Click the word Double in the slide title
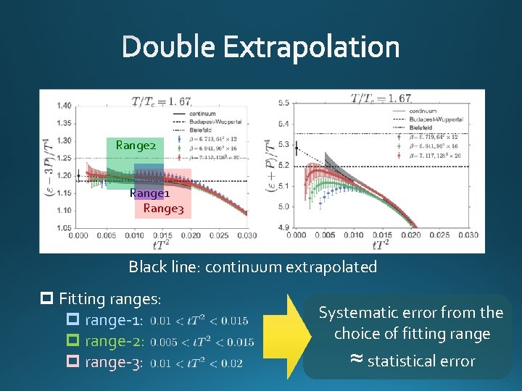pos(170,48)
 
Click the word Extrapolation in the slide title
pos(311,48)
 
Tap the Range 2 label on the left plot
pos(136,146)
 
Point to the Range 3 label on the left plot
pos(163,209)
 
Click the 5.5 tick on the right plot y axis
pos(283,104)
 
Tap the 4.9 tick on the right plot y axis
pos(283,227)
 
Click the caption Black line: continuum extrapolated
pos(253,266)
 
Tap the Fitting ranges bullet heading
pos(109,298)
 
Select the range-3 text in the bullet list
pos(114,362)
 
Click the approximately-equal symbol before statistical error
pos(356,360)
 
